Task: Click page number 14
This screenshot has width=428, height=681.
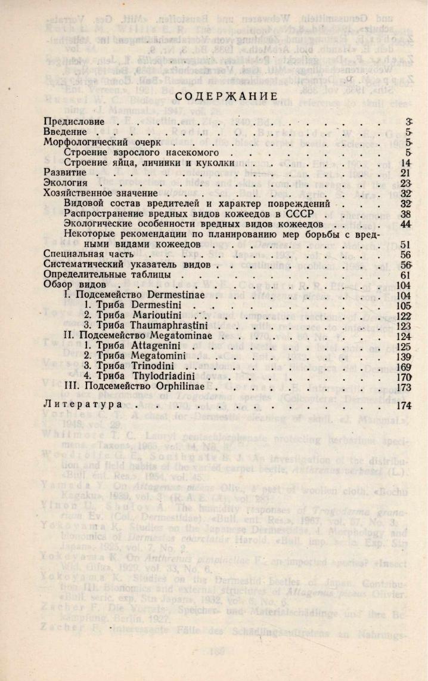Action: coord(407,163)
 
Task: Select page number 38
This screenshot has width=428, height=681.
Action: coord(407,214)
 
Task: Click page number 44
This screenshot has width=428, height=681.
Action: coord(407,224)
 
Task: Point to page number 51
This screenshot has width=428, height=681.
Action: coord(407,244)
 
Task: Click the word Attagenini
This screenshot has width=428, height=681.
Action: coord(156,346)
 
